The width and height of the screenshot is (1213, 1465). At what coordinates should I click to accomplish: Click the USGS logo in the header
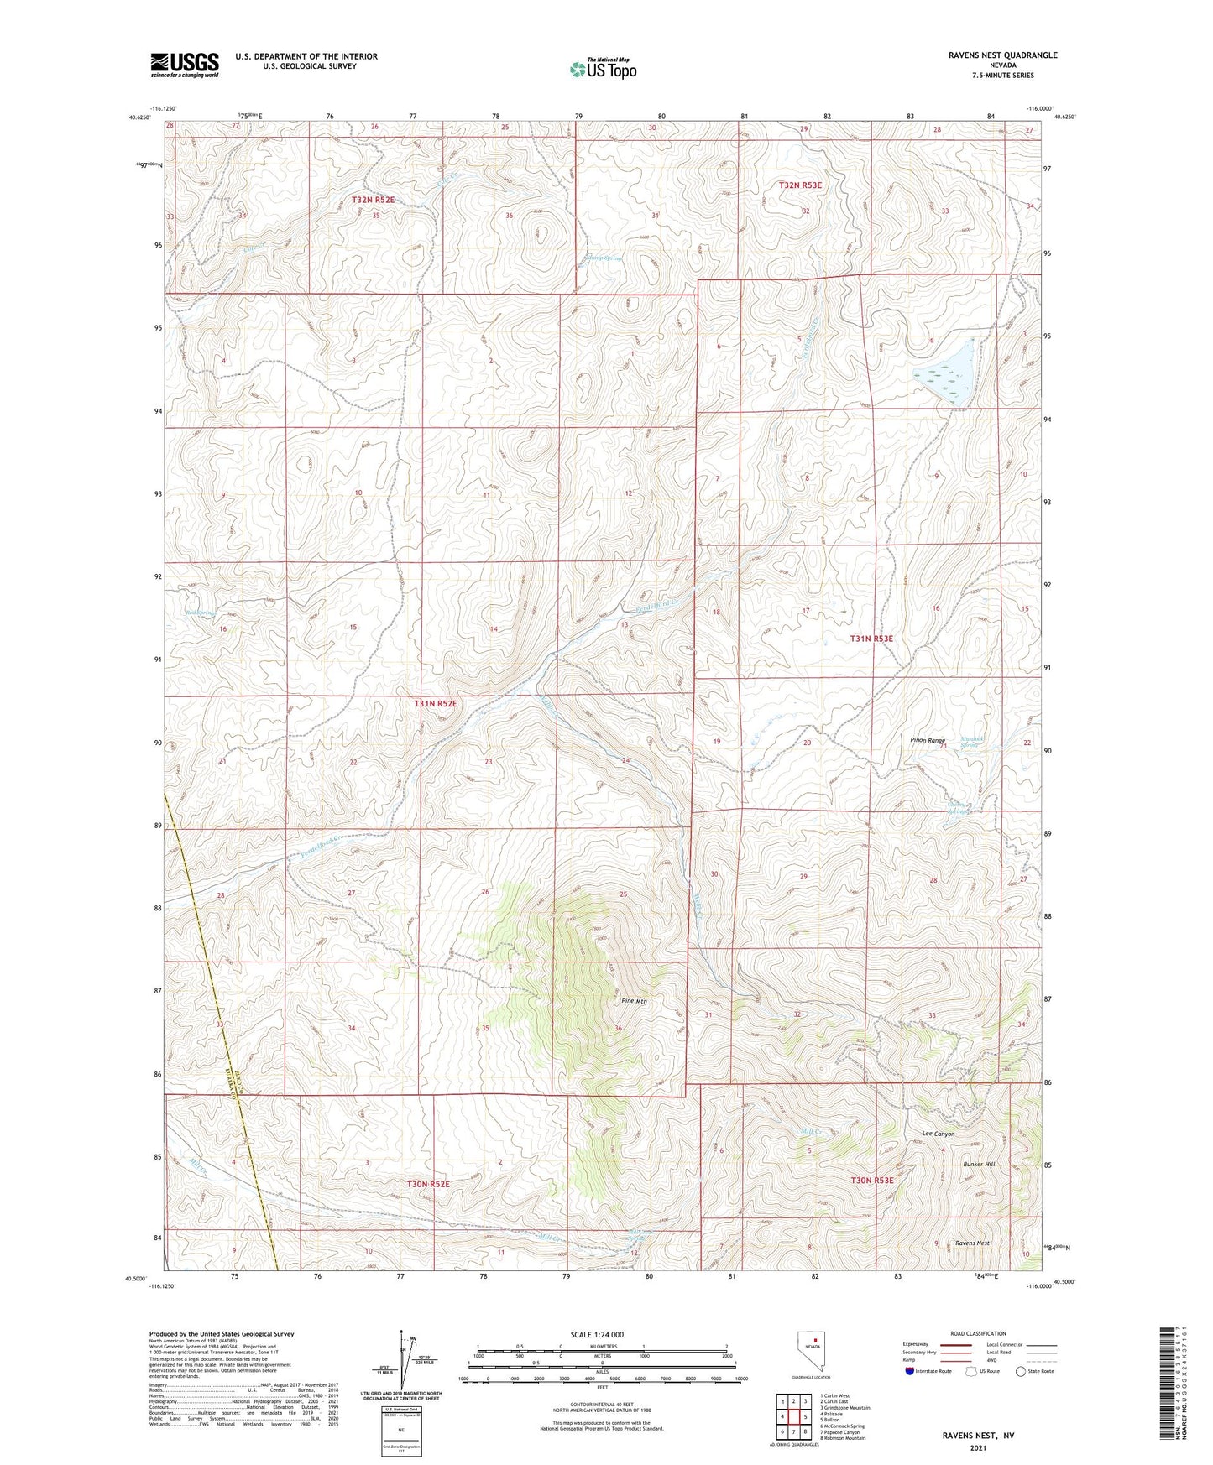(x=185, y=65)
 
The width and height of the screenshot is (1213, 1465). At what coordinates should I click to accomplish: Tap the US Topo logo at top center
(x=603, y=69)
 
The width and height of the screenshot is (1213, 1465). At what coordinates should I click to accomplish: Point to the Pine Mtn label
(x=634, y=1001)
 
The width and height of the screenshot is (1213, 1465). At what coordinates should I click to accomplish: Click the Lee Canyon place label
(x=939, y=1134)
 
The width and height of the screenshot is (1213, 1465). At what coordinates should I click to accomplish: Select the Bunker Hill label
(x=979, y=1165)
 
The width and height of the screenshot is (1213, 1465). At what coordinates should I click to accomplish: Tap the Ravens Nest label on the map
(x=972, y=1243)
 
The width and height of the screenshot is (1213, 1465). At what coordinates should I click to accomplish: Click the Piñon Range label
(x=927, y=740)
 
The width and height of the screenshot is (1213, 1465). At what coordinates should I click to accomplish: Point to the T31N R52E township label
(x=435, y=703)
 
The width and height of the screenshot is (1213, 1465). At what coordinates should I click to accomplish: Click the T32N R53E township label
(x=799, y=185)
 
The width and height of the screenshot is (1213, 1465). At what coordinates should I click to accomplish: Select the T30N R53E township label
(x=872, y=1180)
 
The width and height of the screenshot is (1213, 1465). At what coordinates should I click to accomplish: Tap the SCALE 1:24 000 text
(x=597, y=1334)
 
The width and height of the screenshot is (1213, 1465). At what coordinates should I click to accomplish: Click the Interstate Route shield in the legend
(x=911, y=1371)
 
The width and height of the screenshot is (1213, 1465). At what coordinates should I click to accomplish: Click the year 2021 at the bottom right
(x=978, y=1448)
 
